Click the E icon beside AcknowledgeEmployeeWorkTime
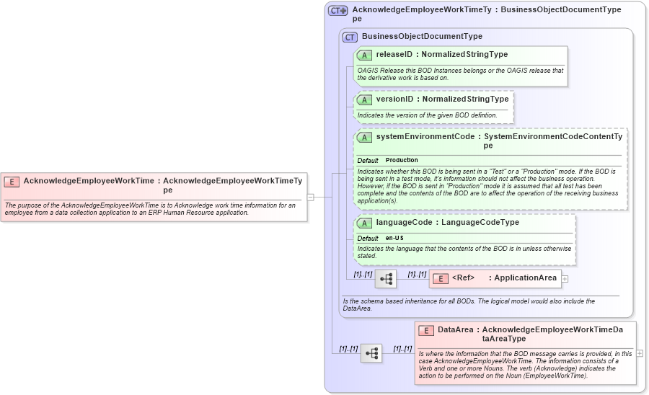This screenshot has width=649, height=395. click(12, 182)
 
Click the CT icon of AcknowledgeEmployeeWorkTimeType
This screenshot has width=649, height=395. click(337, 11)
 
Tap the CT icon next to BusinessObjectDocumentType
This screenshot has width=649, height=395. click(350, 37)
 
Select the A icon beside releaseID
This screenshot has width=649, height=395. click(364, 55)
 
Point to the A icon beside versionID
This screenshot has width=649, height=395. click(364, 99)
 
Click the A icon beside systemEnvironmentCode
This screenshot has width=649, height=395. click(364, 137)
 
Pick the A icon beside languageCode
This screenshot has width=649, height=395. click(364, 223)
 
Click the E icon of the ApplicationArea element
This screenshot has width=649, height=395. click(440, 278)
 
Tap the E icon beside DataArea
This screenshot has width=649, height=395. click(426, 330)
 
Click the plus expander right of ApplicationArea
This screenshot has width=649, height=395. click(565, 278)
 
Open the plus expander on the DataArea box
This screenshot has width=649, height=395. click(640, 353)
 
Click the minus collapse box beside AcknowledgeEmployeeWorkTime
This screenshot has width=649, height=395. click(310, 195)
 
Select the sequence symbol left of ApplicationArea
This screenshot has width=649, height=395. click(386, 279)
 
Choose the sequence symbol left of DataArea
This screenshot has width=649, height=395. click(371, 353)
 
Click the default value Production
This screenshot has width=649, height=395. click(402, 160)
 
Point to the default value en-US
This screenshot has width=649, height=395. click(394, 238)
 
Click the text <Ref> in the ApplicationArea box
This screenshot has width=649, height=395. click(463, 278)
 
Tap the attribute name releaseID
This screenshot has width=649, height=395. click(394, 55)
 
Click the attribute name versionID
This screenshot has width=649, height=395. click(395, 99)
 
